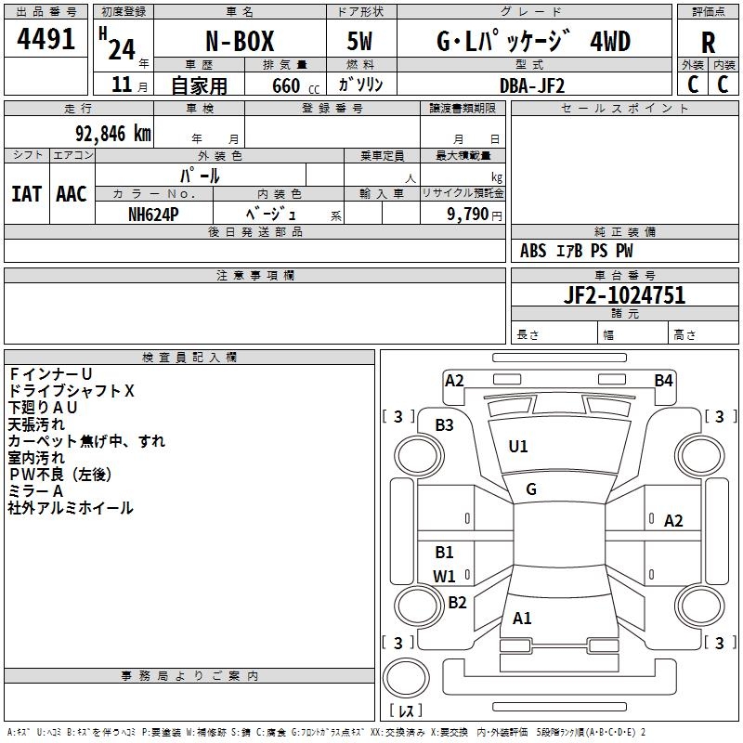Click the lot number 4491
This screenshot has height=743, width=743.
click(46, 40)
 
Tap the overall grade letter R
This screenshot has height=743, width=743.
click(709, 42)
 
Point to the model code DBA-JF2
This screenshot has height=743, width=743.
click(531, 85)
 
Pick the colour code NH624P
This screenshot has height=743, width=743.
click(153, 214)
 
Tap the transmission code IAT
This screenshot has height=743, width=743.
click(26, 194)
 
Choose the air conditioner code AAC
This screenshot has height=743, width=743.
click(72, 194)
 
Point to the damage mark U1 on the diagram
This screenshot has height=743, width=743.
click(518, 446)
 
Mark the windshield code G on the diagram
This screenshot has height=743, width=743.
click(531, 489)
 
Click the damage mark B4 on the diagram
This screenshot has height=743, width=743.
click(663, 380)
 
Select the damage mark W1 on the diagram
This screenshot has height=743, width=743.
click(445, 576)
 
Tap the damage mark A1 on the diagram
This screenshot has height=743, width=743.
click(522, 619)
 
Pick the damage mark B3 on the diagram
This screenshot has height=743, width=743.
click(445, 424)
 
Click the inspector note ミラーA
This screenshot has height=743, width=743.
click(35, 490)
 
